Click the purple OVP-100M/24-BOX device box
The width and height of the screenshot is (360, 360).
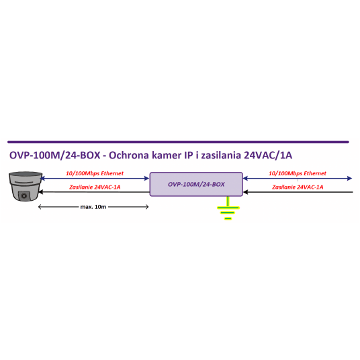coord(196,184)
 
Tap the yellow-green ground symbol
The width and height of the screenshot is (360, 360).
coord(228,208)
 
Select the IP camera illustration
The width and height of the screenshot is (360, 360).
coord(25,186)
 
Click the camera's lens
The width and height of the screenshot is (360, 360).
coord(24,196)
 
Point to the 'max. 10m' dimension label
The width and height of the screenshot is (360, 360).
coord(93,207)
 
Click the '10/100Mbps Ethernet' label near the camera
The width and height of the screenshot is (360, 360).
coord(95,173)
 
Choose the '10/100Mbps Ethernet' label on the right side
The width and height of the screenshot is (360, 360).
coord(298,173)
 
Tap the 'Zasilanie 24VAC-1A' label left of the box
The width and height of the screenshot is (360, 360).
coord(95,187)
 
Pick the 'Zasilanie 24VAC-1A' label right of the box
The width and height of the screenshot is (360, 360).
coord(298,187)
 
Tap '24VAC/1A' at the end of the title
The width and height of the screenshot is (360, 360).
coord(268,155)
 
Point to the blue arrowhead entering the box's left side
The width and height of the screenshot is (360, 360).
coord(146,178)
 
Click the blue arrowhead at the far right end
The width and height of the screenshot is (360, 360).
coord(349,178)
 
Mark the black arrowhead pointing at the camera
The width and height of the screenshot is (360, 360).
coord(41,192)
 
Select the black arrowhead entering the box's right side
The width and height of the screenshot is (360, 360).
coord(246,192)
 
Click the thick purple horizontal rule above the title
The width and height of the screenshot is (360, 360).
coord(178,142)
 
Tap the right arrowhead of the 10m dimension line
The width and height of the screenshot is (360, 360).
coord(147,207)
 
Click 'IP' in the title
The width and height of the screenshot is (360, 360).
coord(189,155)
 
